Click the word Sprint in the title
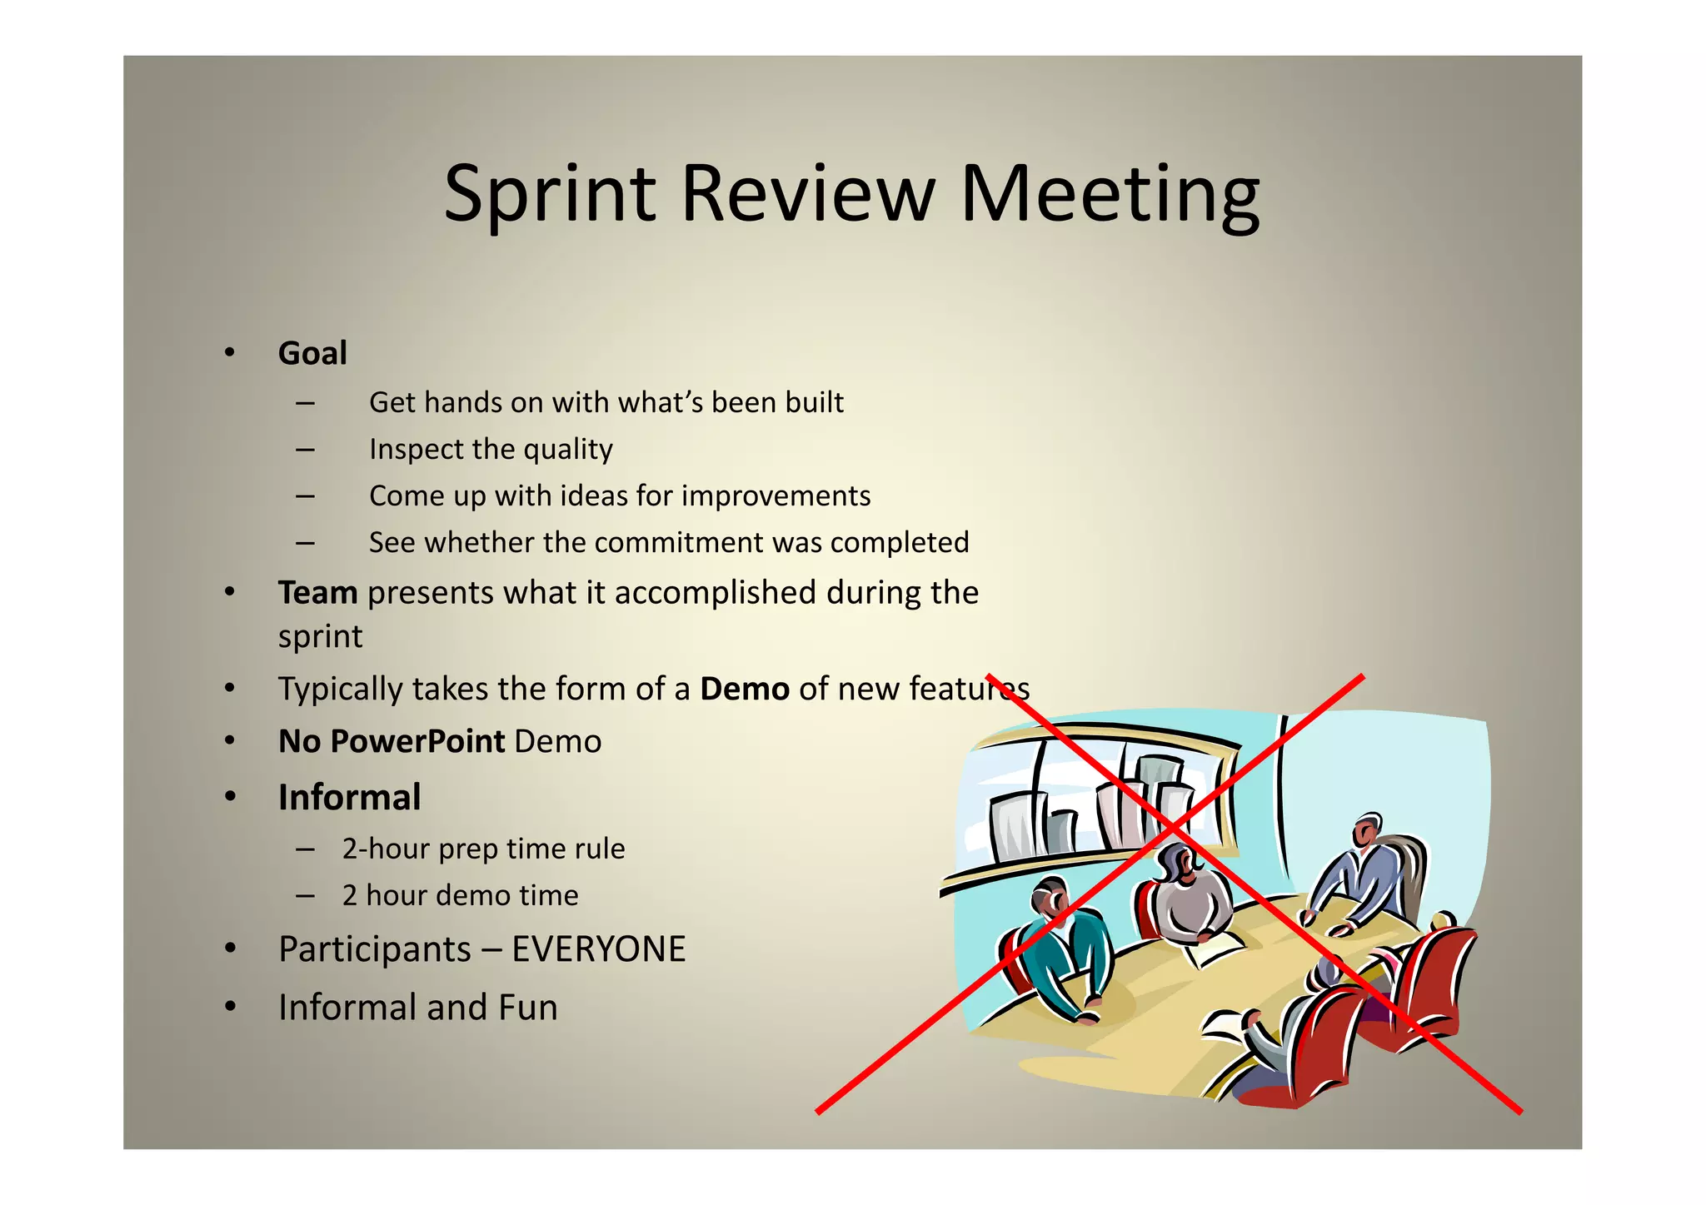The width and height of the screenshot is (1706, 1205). [550, 194]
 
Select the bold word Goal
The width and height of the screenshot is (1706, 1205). [312, 353]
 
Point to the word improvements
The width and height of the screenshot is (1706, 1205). [776, 495]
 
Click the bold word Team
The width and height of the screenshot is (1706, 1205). [317, 593]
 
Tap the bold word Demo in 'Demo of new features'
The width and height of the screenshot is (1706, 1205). [744, 690]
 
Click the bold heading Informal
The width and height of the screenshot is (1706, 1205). [349, 798]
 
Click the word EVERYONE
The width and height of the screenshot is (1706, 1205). [598, 949]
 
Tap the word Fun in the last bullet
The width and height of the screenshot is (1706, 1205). [528, 1008]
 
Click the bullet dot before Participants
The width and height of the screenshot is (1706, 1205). [231, 949]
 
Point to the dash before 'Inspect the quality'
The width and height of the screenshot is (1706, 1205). [305, 450]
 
